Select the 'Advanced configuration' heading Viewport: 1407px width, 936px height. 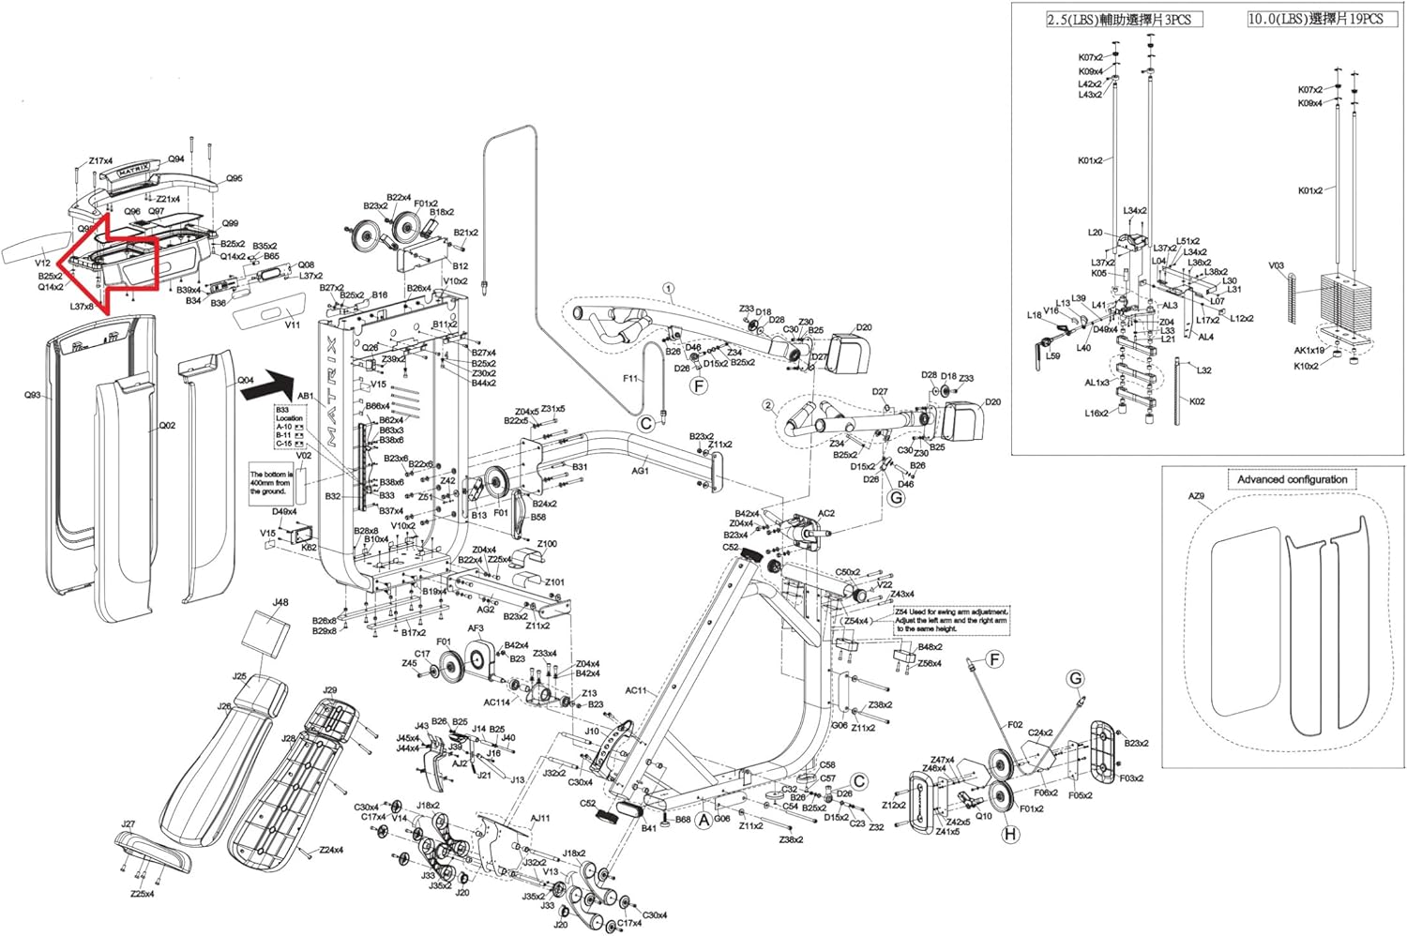(x=1292, y=479)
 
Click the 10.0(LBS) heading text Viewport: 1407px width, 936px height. (x=1315, y=19)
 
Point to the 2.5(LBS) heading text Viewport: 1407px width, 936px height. (x=1124, y=19)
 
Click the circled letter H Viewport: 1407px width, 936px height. (x=1010, y=833)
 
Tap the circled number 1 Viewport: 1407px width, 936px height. (x=669, y=288)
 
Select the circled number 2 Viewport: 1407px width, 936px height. (x=767, y=405)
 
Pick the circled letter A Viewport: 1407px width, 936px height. (x=703, y=819)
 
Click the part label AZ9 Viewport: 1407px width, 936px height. (x=1196, y=496)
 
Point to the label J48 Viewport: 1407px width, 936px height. (x=280, y=602)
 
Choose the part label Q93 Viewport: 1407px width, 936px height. (x=33, y=395)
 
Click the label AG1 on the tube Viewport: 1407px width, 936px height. (x=640, y=471)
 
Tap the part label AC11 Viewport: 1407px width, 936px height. (x=636, y=690)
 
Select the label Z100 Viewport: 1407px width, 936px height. (x=546, y=544)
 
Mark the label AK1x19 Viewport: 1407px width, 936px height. (x=1309, y=351)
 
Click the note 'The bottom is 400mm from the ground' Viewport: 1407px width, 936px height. (x=271, y=483)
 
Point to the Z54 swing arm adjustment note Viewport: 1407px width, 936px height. (x=951, y=620)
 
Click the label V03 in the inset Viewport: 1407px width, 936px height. (x=1276, y=265)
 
